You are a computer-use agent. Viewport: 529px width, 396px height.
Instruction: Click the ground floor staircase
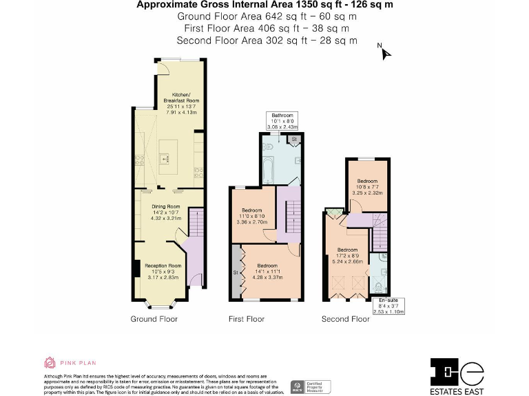(x=195, y=227)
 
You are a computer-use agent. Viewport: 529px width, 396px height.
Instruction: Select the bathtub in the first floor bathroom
(x=268, y=169)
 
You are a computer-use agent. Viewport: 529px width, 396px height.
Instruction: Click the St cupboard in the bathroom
(x=293, y=140)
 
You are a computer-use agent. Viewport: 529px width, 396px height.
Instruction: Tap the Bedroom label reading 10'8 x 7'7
(x=367, y=188)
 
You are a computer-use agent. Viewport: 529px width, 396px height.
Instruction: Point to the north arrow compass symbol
(x=384, y=52)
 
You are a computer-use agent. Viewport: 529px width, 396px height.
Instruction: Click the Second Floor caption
(x=346, y=319)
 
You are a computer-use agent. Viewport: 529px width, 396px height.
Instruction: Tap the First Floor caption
(x=247, y=319)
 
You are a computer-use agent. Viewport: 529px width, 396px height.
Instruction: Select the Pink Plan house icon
(x=50, y=362)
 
